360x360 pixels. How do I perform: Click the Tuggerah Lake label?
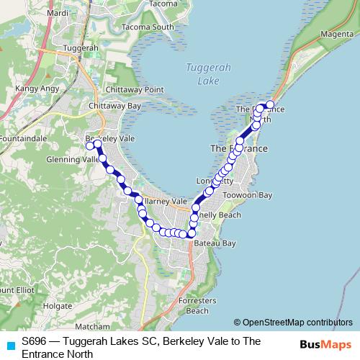pos(198,74)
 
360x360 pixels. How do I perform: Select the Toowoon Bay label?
pos(248,195)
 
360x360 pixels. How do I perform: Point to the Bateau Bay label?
pos(215,243)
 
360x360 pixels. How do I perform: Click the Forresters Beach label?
pos(197,307)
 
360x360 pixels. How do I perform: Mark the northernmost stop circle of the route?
pos(271,104)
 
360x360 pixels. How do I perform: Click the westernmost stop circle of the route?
pos(90,146)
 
